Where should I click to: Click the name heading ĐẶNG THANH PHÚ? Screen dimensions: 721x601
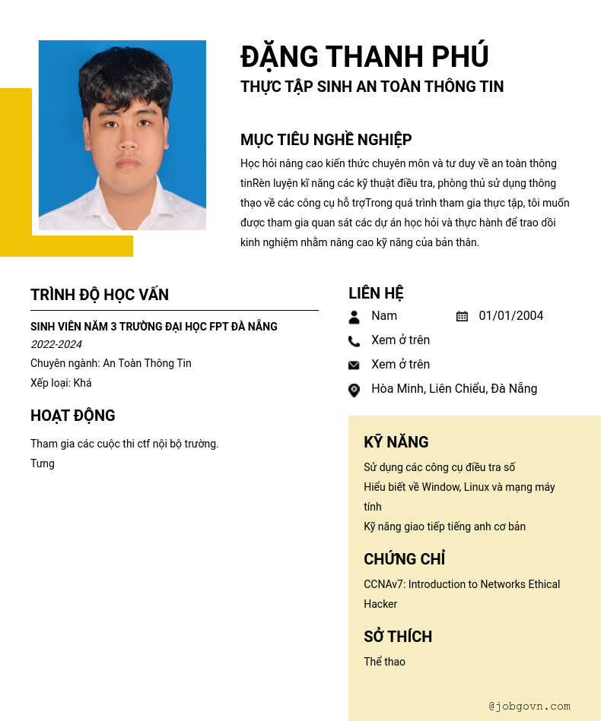364,57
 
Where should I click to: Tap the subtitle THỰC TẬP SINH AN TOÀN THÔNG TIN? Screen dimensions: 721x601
372,87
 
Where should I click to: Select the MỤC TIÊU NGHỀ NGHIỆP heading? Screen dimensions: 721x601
326,140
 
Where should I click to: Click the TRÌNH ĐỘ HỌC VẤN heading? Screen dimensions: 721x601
100,295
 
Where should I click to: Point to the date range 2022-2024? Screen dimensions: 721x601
56,345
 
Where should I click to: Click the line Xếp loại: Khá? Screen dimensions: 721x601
61,383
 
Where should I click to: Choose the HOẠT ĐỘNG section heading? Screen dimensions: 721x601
73,416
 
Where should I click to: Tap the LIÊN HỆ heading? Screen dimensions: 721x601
376,293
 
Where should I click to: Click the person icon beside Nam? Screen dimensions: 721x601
354,317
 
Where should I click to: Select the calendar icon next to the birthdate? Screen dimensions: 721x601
462,316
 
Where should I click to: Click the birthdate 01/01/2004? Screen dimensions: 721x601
511,316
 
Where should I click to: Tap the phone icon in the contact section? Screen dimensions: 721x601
354,341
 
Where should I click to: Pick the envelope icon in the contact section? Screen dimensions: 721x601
354,365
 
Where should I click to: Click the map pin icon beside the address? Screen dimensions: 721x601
354,390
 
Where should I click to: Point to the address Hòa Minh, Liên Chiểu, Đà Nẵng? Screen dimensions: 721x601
454,389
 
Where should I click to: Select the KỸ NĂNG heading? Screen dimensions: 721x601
396,442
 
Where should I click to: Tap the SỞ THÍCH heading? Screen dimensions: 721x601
398,637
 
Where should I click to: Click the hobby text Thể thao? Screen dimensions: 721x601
384,662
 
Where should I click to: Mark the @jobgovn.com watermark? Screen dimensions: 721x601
529,706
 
